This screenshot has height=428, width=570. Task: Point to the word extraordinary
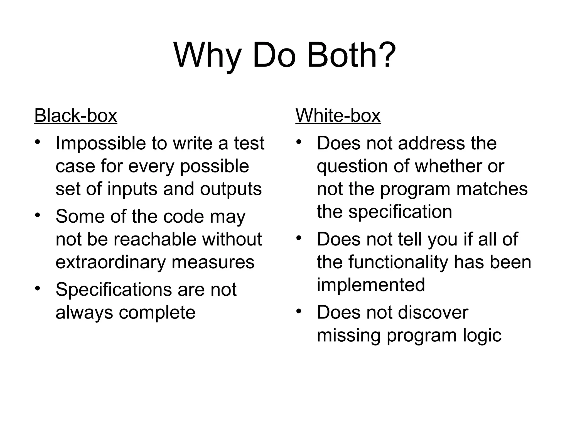(110, 262)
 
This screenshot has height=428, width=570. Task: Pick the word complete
(157, 312)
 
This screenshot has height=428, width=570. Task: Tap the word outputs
(231, 189)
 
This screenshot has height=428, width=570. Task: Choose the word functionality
(398, 262)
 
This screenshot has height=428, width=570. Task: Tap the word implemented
(371, 285)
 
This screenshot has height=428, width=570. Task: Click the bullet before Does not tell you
(299, 238)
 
